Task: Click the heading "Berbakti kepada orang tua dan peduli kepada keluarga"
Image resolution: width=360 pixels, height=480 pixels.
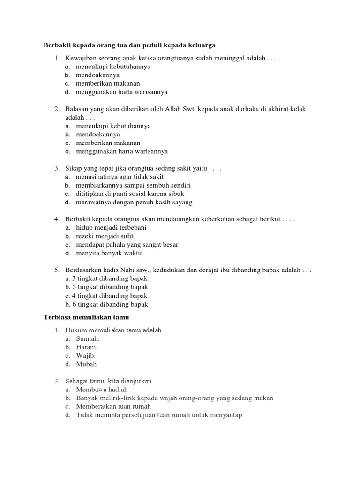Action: pos(129,45)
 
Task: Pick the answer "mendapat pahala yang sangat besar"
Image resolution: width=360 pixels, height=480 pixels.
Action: pos(127,245)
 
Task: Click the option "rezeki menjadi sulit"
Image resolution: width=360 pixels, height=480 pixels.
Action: pos(105,236)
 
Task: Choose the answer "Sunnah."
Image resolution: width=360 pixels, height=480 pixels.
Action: pos(88,338)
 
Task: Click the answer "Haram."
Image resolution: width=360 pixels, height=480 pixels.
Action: pos(87,347)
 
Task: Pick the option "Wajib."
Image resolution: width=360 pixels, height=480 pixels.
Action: pos(86,355)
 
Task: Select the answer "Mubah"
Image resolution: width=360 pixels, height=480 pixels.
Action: pos(86,364)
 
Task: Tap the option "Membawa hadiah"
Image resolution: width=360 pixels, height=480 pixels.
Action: pos(102,390)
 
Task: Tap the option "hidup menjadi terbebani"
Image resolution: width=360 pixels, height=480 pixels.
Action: pos(111,228)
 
